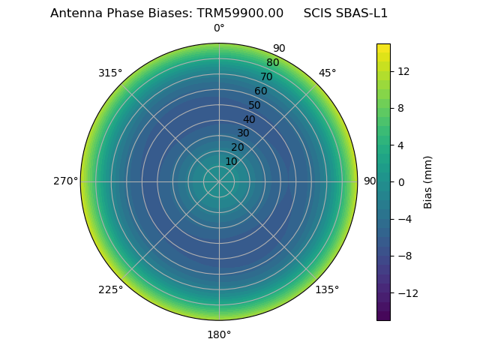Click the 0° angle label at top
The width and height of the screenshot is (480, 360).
[219, 28]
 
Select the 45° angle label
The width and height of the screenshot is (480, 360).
[327, 73]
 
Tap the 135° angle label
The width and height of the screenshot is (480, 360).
[327, 289]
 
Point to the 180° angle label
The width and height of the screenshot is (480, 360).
[219, 334]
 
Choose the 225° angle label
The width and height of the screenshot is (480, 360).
[110, 289]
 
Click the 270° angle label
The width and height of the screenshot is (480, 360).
[65, 181]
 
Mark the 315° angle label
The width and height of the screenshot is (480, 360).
[110, 73]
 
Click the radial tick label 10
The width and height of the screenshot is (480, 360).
[231, 161]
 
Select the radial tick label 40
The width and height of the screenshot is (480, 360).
[249, 119]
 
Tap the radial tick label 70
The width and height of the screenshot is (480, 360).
[266, 76]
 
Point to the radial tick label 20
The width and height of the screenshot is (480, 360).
[237, 147]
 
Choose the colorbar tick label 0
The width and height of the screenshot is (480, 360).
[400, 181]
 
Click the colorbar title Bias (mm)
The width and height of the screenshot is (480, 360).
[428, 181]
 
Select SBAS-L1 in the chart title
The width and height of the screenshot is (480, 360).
[363, 13]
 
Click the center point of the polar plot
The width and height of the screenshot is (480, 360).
[219, 181]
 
